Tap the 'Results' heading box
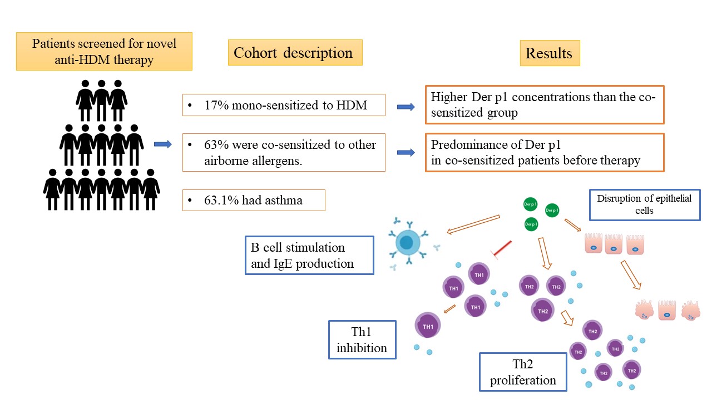(x=550, y=53)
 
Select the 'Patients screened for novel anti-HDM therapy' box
(x=104, y=52)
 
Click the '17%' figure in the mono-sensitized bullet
(x=216, y=105)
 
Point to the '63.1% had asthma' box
(x=254, y=201)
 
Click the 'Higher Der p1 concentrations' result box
(x=545, y=104)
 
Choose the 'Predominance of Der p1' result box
(x=545, y=152)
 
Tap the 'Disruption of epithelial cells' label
(x=645, y=205)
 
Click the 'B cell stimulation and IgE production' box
(x=309, y=255)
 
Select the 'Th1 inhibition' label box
(x=362, y=339)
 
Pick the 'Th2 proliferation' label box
(x=523, y=372)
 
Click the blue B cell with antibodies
(x=408, y=243)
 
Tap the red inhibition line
(x=502, y=249)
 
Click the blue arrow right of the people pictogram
(x=163, y=144)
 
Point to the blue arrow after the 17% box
(x=406, y=107)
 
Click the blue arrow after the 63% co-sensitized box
(x=406, y=152)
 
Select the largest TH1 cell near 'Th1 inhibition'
(x=428, y=326)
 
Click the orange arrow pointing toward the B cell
(x=473, y=224)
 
